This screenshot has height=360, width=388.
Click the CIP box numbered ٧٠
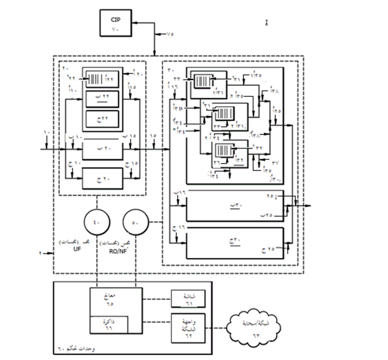pos(115,23)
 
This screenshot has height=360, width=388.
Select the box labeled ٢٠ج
pos(103,179)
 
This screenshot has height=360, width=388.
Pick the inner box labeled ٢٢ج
pos(103,118)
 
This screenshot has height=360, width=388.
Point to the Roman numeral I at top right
pos(267,22)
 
